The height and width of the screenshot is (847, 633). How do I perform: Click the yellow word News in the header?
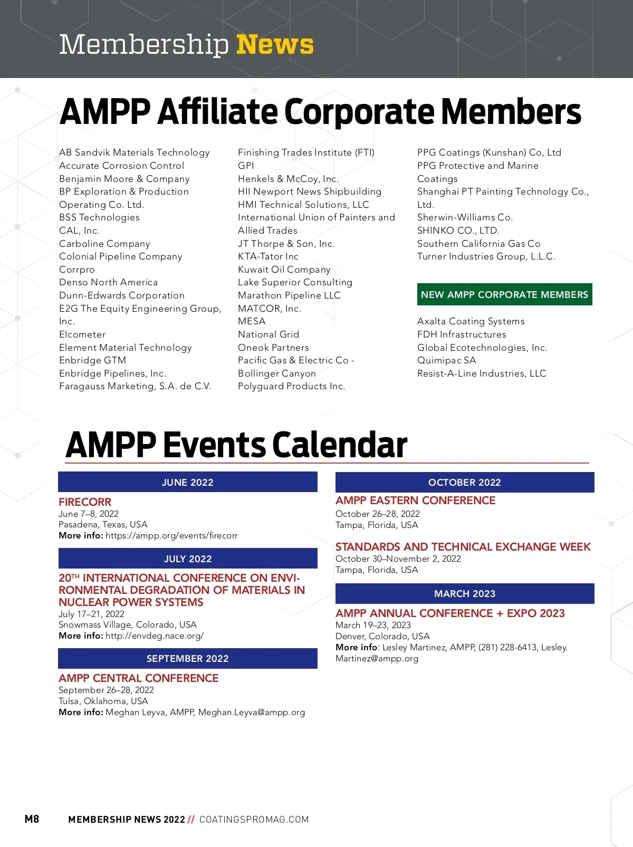pos(275,44)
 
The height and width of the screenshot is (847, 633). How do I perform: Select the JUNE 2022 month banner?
pos(188,482)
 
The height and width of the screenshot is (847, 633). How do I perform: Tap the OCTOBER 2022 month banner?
pos(465,482)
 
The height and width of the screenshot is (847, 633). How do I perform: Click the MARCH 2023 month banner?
pos(465,593)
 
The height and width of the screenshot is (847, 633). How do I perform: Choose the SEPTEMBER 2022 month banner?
pos(188,658)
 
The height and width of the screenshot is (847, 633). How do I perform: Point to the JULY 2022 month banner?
pos(188,559)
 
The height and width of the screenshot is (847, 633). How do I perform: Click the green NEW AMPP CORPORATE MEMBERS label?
pos(504,294)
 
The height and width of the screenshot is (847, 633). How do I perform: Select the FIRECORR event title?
pos(85,502)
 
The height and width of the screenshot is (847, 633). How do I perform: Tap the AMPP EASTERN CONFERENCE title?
pos(415,500)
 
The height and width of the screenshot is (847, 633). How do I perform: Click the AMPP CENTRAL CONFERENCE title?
pos(138,678)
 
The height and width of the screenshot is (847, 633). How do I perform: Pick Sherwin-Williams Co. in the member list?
pos(465,217)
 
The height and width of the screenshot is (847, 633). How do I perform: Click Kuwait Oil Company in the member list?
pos(284,269)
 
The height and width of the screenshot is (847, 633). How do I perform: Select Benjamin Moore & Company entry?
pos(124,179)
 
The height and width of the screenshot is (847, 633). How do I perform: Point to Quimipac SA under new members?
pos(446,360)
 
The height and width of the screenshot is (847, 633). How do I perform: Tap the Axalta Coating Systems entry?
pos(471,321)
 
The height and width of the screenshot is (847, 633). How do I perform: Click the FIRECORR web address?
pos(171,535)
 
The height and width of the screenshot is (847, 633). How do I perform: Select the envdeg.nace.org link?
pos(154,636)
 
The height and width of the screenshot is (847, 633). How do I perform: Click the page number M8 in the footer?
pos(32,819)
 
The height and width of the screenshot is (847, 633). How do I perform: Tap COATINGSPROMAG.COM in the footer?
pos(254,819)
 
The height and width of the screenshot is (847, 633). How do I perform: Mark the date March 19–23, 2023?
pos(373,625)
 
